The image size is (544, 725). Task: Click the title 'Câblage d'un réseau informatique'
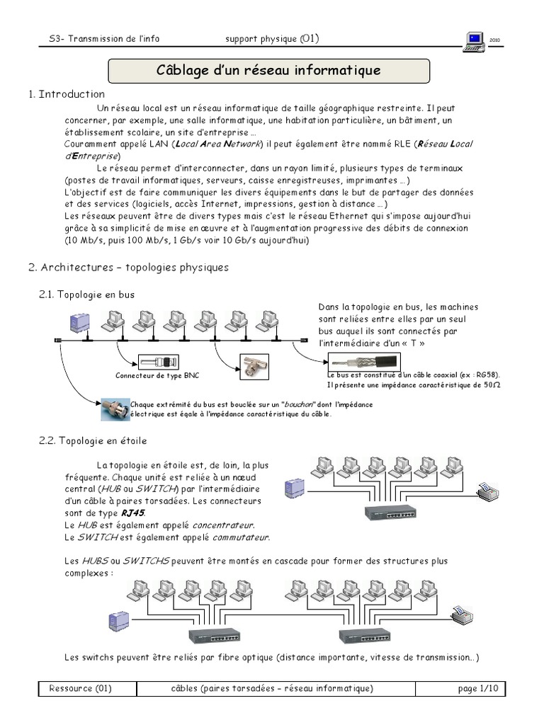click(x=268, y=71)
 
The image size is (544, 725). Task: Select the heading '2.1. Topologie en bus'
click(x=86, y=294)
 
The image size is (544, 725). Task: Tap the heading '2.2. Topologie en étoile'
click(x=92, y=441)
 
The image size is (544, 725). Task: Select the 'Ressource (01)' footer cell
click(x=81, y=688)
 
